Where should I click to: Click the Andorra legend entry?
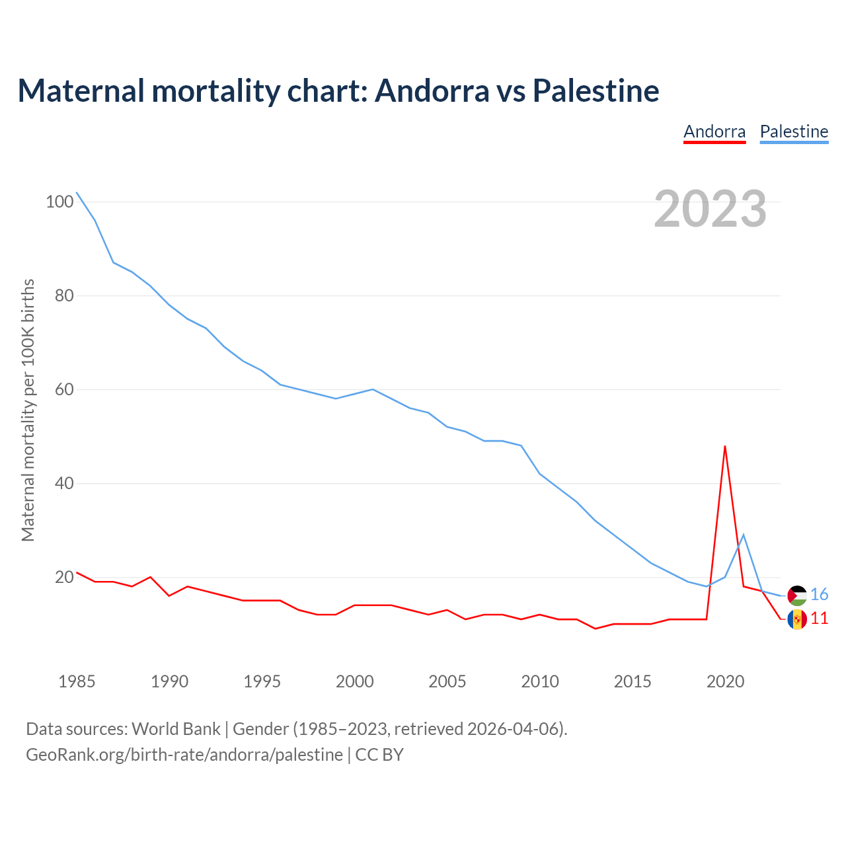click(x=714, y=132)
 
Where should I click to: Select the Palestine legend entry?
click(x=794, y=132)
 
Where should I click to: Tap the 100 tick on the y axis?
click(x=59, y=202)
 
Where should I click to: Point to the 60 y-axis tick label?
click(x=63, y=389)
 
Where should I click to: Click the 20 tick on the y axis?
click(x=63, y=577)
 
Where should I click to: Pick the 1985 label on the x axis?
click(x=77, y=681)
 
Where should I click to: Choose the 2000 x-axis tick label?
click(x=355, y=681)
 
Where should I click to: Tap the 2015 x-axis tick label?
click(x=633, y=681)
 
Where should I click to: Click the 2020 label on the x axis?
click(x=725, y=681)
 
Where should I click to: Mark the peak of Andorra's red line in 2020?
click(x=725, y=446)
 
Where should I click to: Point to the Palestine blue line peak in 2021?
click(x=744, y=535)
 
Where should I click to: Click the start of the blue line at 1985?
click(x=77, y=192)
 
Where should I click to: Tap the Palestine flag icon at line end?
click(x=797, y=596)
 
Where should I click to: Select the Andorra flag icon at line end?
click(x=797, y=619)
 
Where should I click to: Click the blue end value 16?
click(x=820, y=595)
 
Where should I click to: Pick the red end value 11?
click(x=820, y=619)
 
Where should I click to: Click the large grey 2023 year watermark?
click(x=711, y=209)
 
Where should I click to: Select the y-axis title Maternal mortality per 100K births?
click(x=28, y=410)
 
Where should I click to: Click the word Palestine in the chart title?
click(x=596, y=91)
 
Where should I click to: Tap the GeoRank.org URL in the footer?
click(x=184, y=755)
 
